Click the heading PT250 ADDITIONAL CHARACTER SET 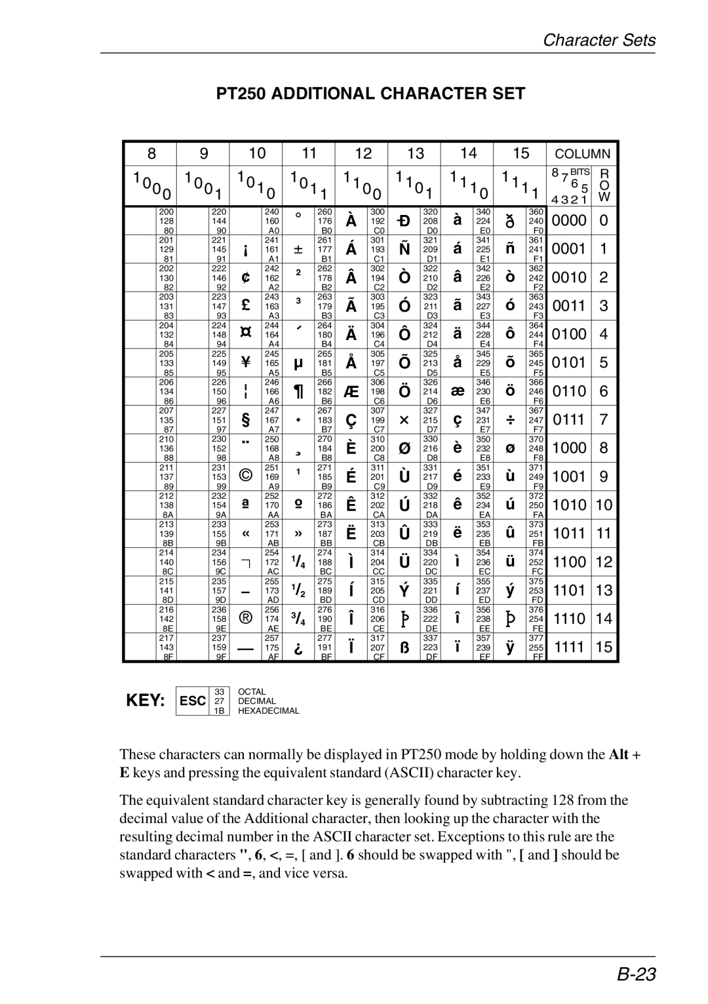[x=370, y=94]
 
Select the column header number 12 [x=363, y=153]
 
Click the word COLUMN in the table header [x=583, y=154]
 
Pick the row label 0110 [x=569, y=391]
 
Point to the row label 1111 [x=569, y=647]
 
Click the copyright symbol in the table [x=246, y=476]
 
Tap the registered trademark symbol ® [x=246, y=618]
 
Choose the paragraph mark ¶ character [x=298, y=392]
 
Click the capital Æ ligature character [x=351, y=392]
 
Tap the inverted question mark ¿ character [x=298, y=647]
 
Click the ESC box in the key [x=193, y=701]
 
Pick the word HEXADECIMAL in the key [x=268, y=711]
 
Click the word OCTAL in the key [x=252, y=692]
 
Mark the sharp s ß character [x=404, y=647]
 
